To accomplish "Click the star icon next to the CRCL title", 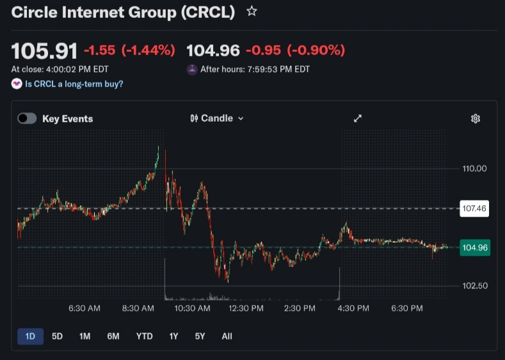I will (252, 11).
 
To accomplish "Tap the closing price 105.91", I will (44, 51).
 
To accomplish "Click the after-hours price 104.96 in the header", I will (212, 51).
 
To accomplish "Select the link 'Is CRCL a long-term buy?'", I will (74, 84).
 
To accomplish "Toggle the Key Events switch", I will (27, 119).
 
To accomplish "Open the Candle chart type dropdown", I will (217, 119).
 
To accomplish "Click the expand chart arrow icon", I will (358, 119).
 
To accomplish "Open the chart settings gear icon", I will (476, 119).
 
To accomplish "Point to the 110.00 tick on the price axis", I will (475, 168).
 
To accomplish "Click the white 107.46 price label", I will (474, 208).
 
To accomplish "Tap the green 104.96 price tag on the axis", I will (475, 247).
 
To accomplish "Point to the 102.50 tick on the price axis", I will (475, 286).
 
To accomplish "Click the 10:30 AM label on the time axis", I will (192, 309).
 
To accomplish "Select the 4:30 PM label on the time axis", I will (353, 309).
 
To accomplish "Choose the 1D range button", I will (30, 336).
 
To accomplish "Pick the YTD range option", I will (144, 336).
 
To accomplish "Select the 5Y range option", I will (200, 336).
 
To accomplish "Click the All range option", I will (227, 336).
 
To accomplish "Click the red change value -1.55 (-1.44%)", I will (129, 51).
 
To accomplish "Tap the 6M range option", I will (113, 336).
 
